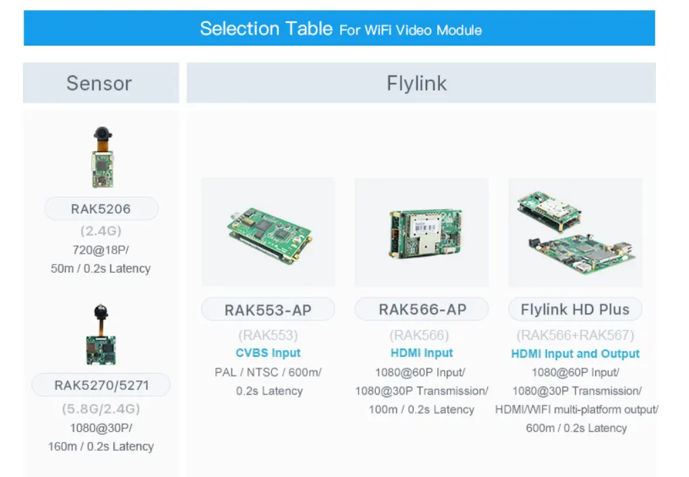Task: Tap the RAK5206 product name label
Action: pos(101,208)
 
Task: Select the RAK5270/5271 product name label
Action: pos(101,385)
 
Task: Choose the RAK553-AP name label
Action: pos(268,310)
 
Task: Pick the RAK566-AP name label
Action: pos(422,309)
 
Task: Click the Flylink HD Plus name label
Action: pos(575,309)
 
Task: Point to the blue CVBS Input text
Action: pos(268,353)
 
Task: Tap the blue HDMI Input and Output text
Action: pos(575,354)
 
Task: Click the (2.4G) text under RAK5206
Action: pos(101,231)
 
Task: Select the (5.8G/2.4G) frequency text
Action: pos(101,409)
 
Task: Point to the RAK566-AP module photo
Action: pos(425,233)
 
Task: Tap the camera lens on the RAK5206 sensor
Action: pos(103,133)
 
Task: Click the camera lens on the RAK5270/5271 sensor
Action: pos(101,312)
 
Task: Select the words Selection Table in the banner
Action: pos(267,28)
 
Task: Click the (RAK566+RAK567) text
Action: pos(575,335)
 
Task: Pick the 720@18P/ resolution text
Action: pos(101,250)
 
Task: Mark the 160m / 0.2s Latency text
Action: pos(101,446)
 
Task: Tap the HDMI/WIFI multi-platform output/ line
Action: pos(576,410)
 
